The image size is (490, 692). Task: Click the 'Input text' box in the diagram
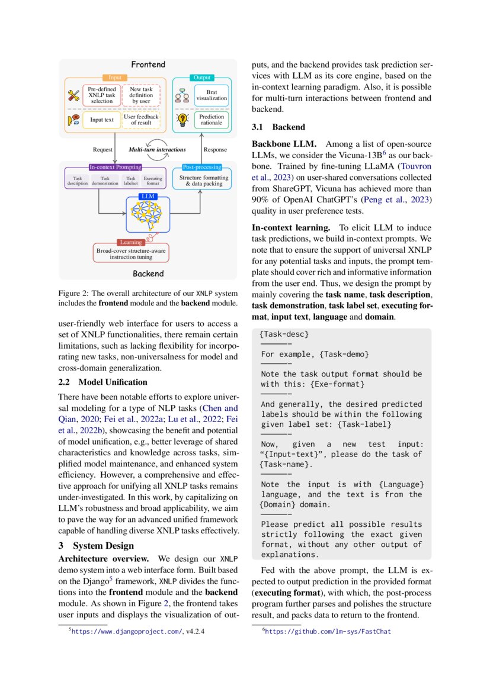point(101,120)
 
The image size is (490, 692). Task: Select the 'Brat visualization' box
point(212,95)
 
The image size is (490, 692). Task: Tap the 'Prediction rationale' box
point(212,120)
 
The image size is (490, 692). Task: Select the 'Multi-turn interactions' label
point(157,150)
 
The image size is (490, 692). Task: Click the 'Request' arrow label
point(103,150)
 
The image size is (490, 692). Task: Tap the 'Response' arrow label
point(214,150)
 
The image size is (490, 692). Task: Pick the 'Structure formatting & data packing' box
point(203,181)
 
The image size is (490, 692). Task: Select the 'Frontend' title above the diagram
point(148,64)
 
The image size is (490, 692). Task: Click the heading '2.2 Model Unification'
point(103,382)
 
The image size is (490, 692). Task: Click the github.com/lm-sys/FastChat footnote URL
point(327,632)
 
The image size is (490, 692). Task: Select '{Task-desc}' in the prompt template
point(284,335)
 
